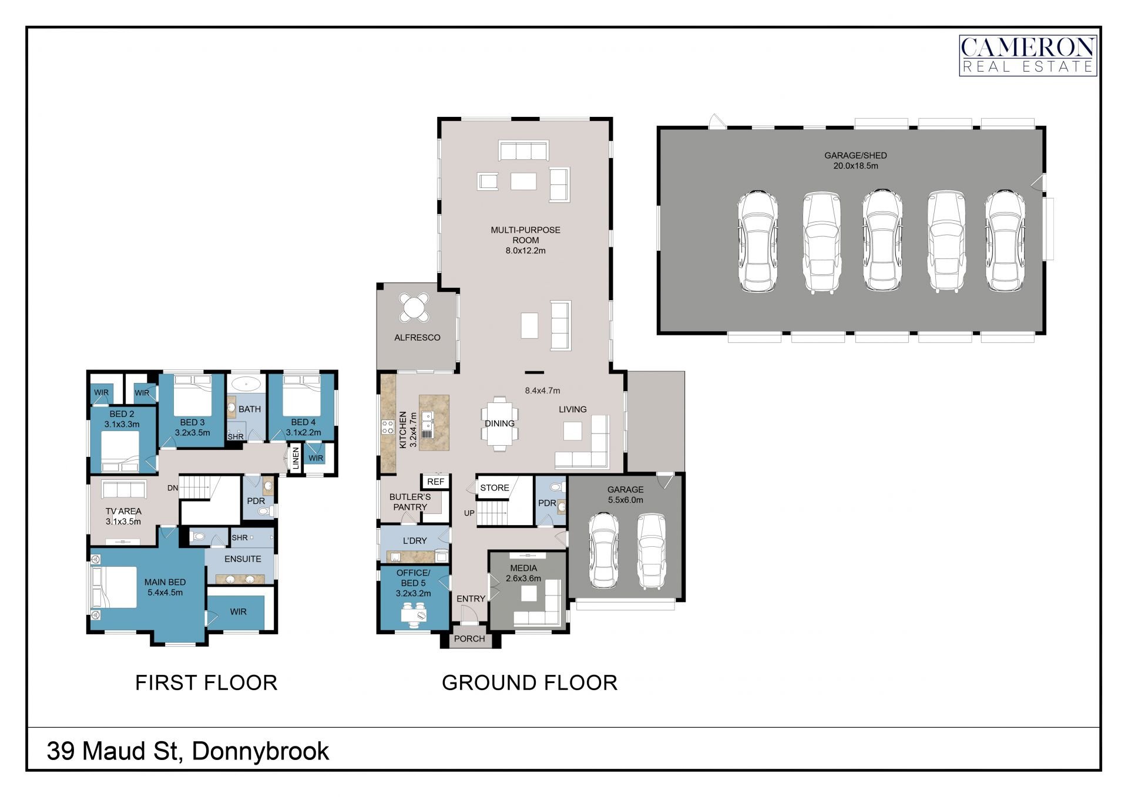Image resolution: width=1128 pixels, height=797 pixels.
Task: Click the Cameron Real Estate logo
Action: click(x=1028, y=55)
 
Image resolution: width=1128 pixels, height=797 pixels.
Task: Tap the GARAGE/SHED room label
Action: click(x=855, y=156)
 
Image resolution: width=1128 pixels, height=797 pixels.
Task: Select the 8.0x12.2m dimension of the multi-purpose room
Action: click(x=525, y=251)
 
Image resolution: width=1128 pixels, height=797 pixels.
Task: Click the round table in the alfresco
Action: click(x=415, y=307)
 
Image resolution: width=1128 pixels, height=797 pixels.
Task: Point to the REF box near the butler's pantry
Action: click(x=435, y=482)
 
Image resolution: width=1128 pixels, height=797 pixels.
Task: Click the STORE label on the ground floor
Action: click(x=494, y=488)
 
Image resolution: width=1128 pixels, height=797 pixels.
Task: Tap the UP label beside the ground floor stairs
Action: click(x=469, y=513)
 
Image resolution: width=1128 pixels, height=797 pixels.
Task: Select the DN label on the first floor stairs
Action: click(x=172, y=488)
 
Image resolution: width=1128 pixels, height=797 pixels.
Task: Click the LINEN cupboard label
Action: click(x=296, y=458)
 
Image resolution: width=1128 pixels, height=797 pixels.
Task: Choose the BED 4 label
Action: click(x=303, y=422)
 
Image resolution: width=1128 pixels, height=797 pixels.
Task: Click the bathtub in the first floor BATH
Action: click(x=246, y=385)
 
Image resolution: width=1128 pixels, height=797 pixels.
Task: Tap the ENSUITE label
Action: click(x=243, y=559)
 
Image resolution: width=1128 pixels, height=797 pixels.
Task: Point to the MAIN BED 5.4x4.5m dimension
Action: click(x=165, y=593)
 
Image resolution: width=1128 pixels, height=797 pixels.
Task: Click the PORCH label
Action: click(x=469, y=639)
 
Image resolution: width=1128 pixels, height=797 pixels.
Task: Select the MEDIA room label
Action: click(x=523, y=568)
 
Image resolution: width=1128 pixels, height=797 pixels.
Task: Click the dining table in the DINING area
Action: click(x=499, y=423)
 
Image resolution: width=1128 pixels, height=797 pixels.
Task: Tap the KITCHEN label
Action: click(x=403, y=430)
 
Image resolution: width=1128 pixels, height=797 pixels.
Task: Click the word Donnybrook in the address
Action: click(x=260, y=752)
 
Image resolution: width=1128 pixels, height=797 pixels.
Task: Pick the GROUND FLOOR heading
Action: click(x=529, y=683)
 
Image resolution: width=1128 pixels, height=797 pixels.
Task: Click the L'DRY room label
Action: click(x=415, y=541)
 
